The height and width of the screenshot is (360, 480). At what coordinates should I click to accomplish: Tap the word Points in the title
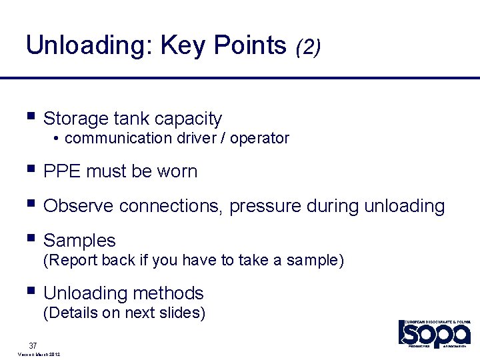tap(250, 45)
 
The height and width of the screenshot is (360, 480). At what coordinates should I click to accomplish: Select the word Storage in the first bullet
tap(76, 119)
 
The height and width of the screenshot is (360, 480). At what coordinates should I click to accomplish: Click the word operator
tap(259, 139)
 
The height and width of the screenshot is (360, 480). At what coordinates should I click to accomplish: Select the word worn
tap(177, 171)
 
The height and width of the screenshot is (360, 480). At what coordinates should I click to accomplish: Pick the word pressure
tap(265, 207)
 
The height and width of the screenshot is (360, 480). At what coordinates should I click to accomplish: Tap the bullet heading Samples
tap(79, 241)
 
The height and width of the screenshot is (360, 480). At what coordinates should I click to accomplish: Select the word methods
tap(172, 293)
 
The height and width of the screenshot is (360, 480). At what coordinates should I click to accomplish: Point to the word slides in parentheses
tap(180, 313)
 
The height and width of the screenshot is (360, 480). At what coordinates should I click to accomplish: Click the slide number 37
tap(33, 345)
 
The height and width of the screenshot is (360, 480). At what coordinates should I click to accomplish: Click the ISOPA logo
tap(435, 333)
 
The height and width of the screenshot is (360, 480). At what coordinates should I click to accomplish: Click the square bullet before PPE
tap(30, 169)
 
